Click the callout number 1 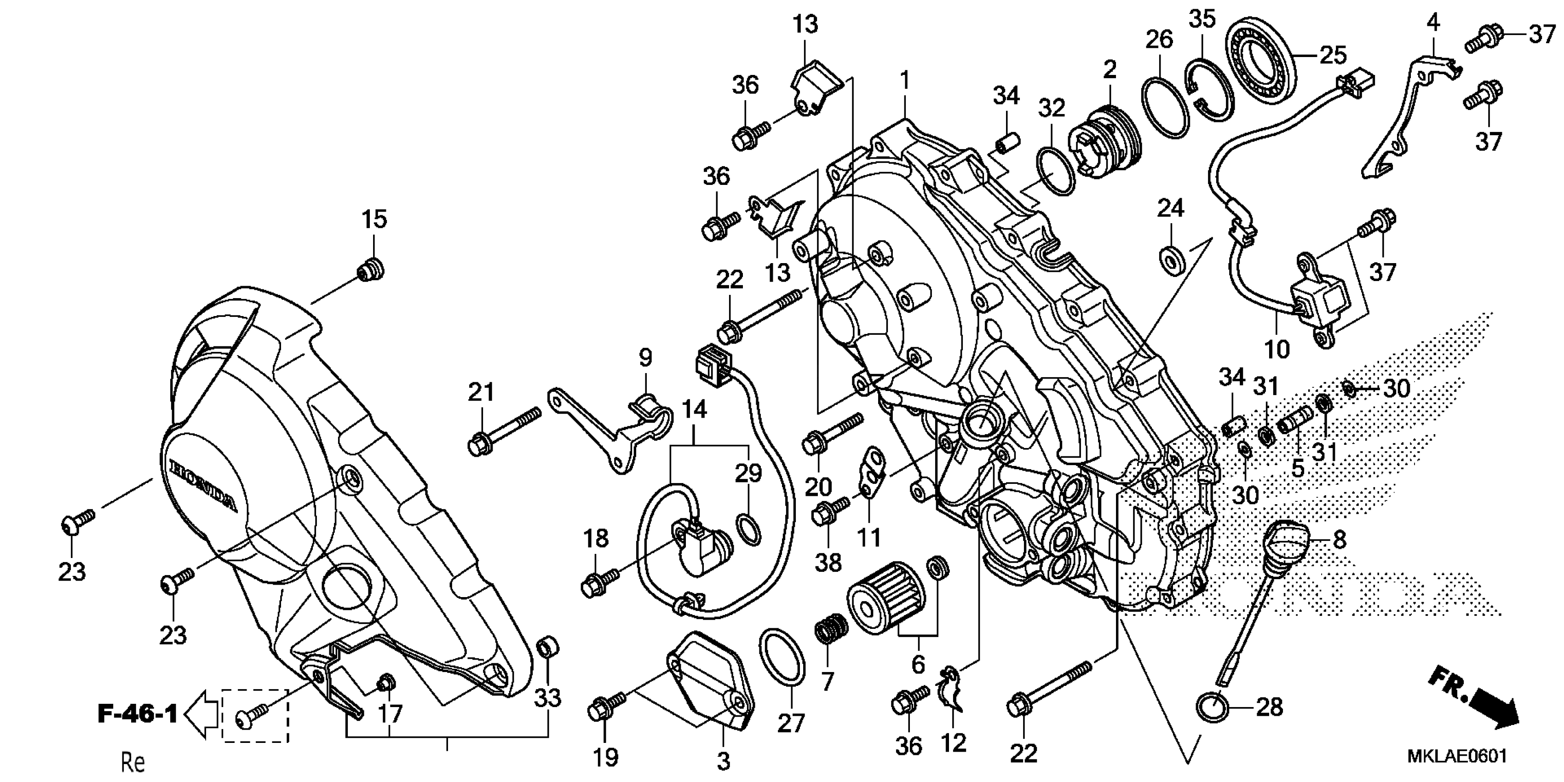click(x=905, y=80)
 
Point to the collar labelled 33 click(x=548, y=647)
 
